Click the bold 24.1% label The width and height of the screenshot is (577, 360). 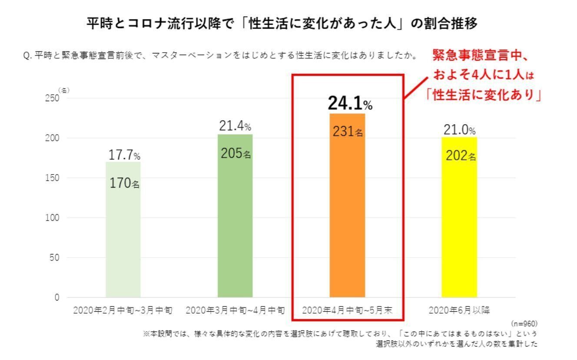point(350,103)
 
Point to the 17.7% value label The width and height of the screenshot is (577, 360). point(124,155)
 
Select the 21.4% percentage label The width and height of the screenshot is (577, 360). point(235,127)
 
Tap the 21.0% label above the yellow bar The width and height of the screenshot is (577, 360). point(460,130)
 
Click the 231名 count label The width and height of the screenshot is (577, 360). point(348,132)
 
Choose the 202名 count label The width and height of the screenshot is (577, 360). point(461,155)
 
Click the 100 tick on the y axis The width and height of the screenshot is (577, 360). point(51,218)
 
